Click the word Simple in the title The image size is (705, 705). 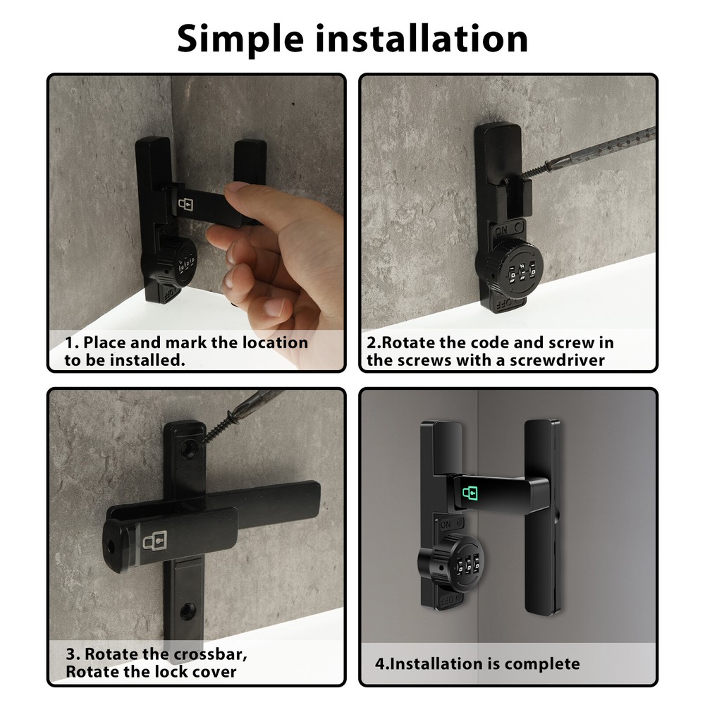click(x=240, y=39)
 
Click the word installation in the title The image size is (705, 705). click(x=422, y=38)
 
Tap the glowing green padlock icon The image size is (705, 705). click(x=470, y=493)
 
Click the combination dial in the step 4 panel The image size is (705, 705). click(x=453, y=561)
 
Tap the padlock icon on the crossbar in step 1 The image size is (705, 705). click(x=185, y=204)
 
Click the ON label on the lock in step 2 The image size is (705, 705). click(x=502, y=230)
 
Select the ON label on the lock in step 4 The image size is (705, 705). click(x=446, y=525)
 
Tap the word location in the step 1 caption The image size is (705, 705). click(x=275, y=343)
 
